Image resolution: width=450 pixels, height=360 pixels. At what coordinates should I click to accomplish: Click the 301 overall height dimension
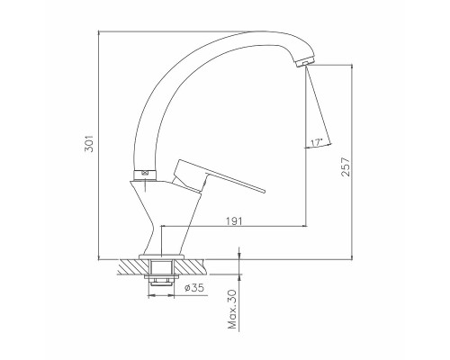[x=89, y=143]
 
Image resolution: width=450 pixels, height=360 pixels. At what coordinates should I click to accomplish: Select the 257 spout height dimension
[x=346, y=166]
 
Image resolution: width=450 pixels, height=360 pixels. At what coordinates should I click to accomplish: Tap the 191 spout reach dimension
[x=234, y=221]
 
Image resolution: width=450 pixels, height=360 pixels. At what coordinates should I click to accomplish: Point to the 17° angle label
[x=316, y=142]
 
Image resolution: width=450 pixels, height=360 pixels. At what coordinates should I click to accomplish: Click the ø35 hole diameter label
[x=194, y=288]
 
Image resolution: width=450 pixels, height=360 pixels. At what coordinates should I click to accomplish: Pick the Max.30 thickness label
[x=232, y=310]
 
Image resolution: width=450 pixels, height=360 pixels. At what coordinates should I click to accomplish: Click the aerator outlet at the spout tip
[x=305, y=62]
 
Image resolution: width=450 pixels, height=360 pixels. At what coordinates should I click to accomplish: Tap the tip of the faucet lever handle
[x=264, y=191]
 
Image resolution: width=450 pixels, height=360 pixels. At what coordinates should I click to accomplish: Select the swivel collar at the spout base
[x=145, y=175]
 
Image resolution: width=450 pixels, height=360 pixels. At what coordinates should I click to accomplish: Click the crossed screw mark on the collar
[x=145, y=173]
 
